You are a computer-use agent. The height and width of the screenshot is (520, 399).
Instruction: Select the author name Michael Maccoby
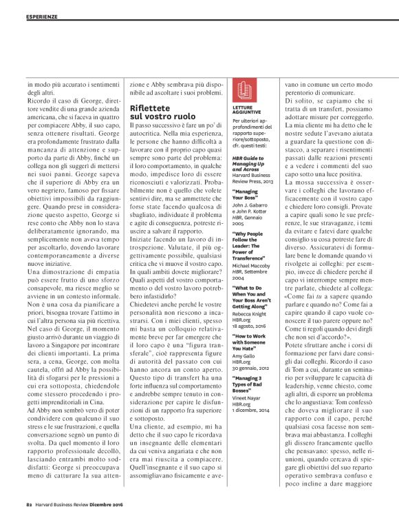250,249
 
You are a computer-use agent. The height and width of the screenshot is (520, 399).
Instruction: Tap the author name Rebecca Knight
250,295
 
